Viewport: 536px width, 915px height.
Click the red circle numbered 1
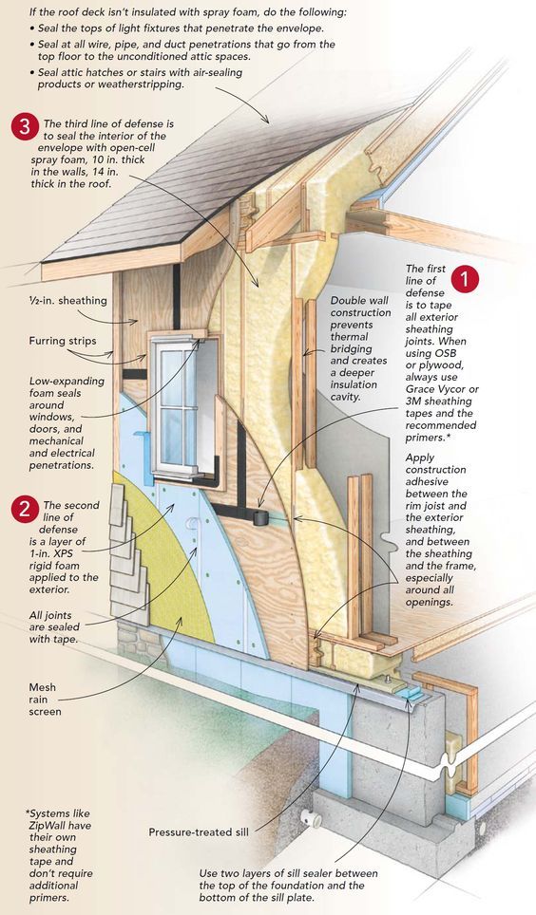(465, 278)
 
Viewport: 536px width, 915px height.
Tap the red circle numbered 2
(24, 509)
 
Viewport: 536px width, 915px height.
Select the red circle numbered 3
(24, 127)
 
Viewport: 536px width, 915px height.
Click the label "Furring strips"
(63, 341)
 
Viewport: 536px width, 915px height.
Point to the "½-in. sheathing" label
(67, 301)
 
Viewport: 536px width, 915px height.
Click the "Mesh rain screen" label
(45, 700)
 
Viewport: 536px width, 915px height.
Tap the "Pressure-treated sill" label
(199, 832)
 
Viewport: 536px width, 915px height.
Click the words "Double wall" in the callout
(359, 301)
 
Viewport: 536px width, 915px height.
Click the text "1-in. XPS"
(54, 553)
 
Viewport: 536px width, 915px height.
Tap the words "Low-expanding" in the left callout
(67, 382)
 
